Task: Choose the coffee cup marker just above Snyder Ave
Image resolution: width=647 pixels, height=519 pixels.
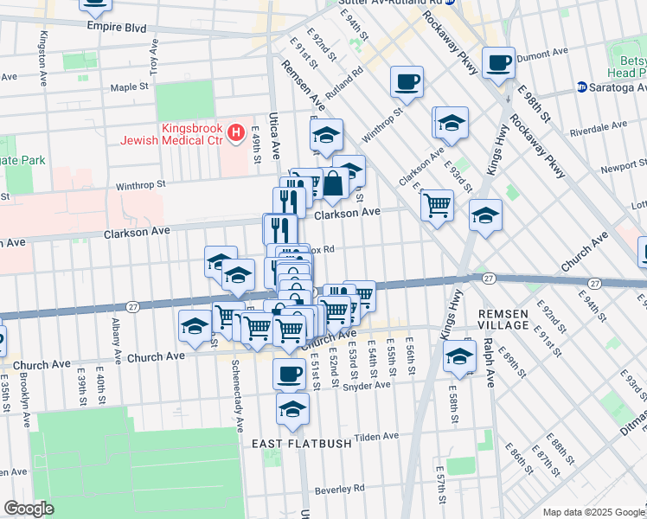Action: pyautogui.click(x=289, y=374)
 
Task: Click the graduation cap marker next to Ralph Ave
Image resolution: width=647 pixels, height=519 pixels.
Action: pyautogui.click(x=459, y=356)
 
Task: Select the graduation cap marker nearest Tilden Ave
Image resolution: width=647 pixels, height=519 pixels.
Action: pyautogui.click(x=293, y=409)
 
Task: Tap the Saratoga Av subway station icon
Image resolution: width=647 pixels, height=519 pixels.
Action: pyautogui.click(x=582, y=87)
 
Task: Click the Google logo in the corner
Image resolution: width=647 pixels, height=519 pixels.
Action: pyautogui.click(x=29, y=508)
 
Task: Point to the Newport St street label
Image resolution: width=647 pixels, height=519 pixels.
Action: pyautogui.click(x=623, y=166)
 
